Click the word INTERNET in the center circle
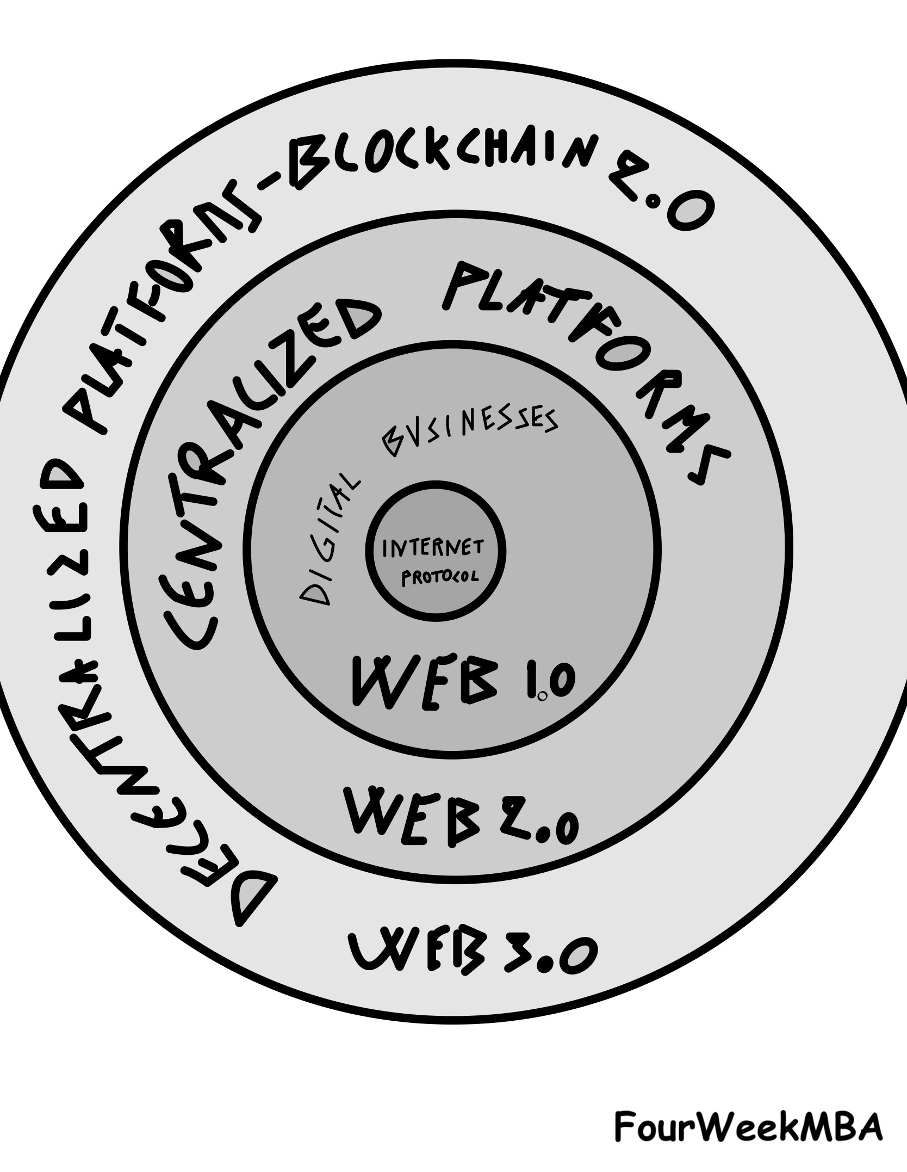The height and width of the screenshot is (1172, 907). tap(433, 548)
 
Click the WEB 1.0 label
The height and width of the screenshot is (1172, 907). tap(462, 682)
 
